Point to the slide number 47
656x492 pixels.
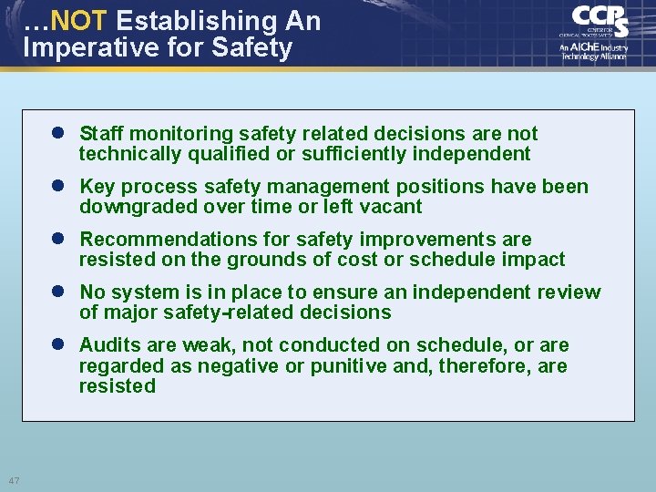tap(15, 480)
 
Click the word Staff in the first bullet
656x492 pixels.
tap(101, 134)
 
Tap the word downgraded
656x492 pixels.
tap(133, 207)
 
